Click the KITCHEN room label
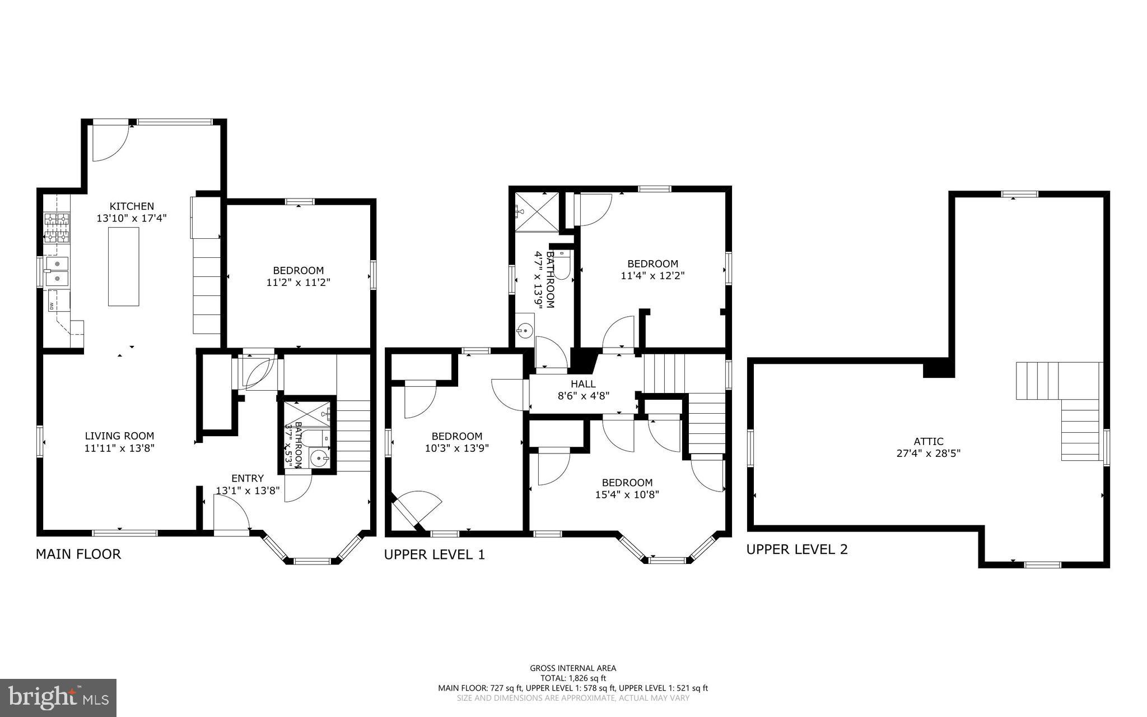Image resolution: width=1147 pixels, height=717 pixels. pyautogui.click(x=132, y=206)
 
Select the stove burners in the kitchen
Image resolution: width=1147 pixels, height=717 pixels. pyautogui.click(x=57, y=228)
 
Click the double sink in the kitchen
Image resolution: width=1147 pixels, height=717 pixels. pyautogui.click(x=57, y=270)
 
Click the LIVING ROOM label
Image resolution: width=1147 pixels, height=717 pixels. pyautogui.click(x=119, y=436)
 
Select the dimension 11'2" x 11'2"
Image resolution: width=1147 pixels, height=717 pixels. pyautogui.click(x=299, y=283)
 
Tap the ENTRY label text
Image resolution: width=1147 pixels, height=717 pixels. pyautogui.click(x=248, y=478)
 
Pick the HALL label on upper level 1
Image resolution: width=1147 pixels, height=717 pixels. pyautogui.click(x=583, y=384)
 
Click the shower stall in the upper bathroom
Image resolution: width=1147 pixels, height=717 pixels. pyautogui.click(x=537, y=211)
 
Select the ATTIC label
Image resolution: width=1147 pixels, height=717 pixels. pyautogui.click(x=929, y=441)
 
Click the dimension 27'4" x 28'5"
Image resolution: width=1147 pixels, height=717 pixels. pyautogui.click(x=929, y=454)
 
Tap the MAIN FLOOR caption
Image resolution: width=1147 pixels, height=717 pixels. pyautogui.click(x=78, y=554)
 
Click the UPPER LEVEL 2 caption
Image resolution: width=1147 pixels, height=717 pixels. pyautogui.click(x=797, y=549)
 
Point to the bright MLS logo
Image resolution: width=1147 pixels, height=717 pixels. pyautogui.click(x=58, y=697)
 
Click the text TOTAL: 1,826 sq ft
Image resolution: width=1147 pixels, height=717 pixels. pyautogui.click(x=573, y=678)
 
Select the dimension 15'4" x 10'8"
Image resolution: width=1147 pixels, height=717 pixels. pyautogui.click(x=627, y=494)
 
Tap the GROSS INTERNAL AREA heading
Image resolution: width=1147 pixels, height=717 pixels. pyautogui.click(x=573, y=668)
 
